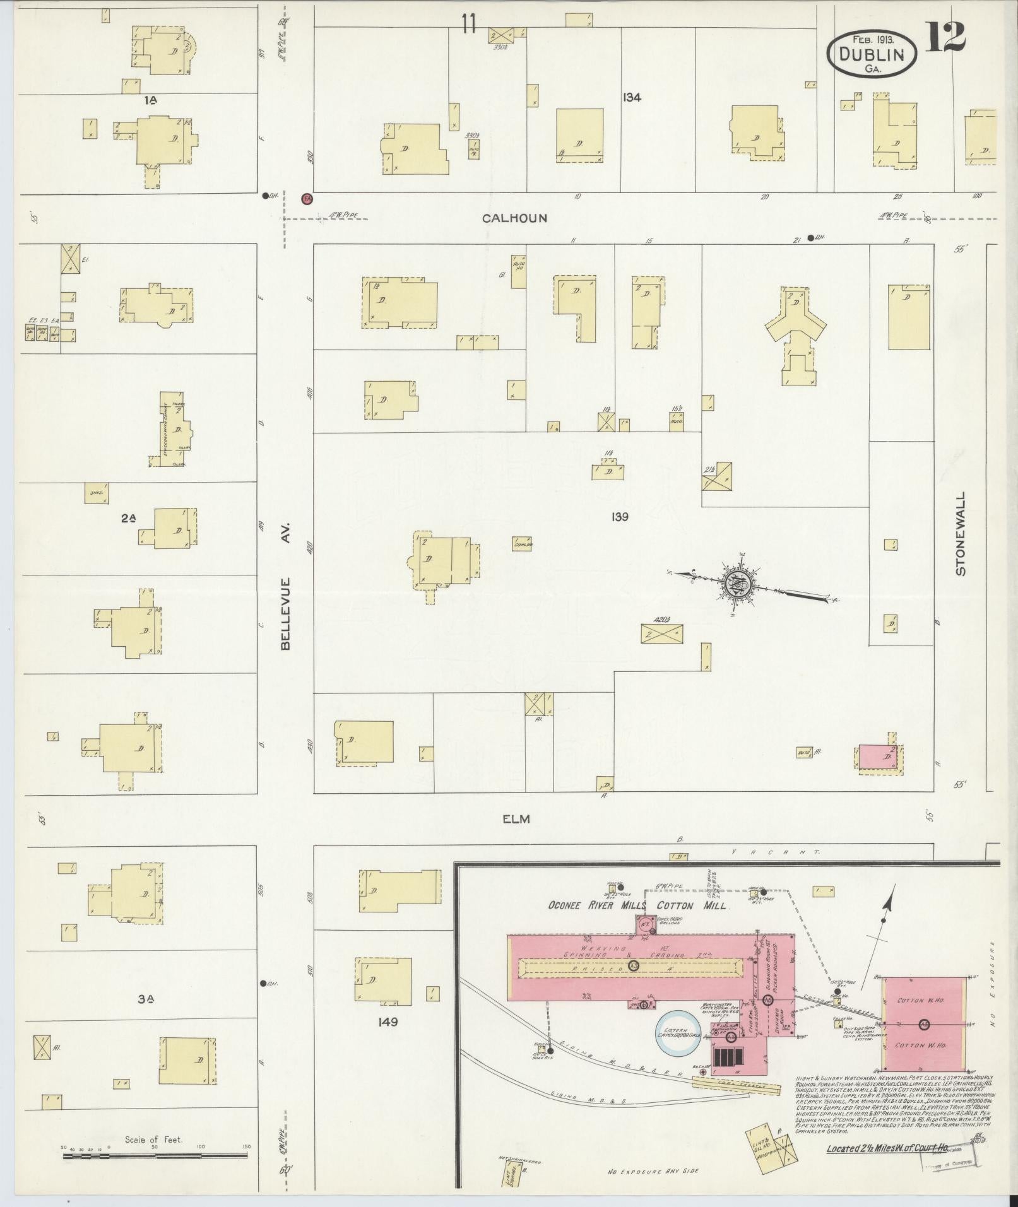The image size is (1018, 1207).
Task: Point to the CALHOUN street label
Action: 514,218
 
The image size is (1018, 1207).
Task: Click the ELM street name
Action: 516,819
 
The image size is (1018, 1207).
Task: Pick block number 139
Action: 620,517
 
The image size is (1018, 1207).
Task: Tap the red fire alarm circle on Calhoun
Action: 307,198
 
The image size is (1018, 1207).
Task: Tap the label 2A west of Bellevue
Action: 129,519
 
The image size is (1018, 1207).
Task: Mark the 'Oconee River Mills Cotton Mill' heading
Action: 638,905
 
